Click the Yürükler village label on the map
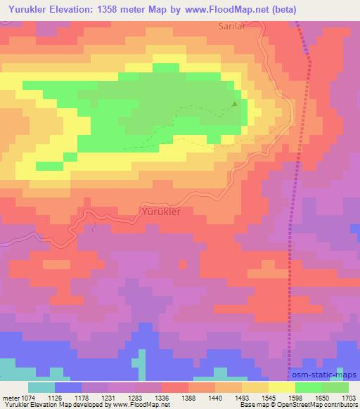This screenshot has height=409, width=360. click(162, 211)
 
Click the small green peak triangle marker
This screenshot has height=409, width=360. click(235, 104)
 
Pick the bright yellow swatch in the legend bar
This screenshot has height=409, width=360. click(281, 387)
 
